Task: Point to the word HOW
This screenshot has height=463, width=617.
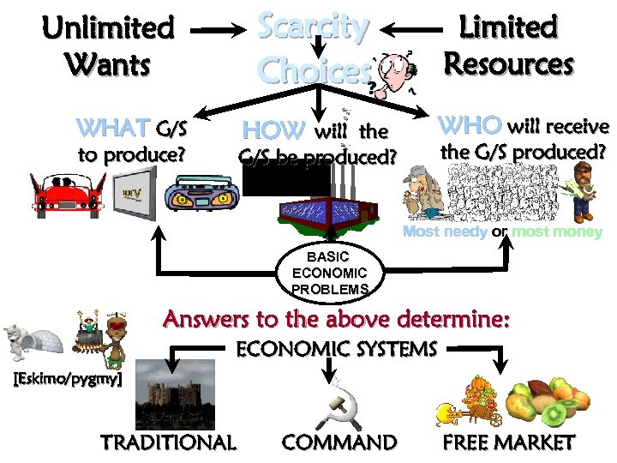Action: tap(273, 130)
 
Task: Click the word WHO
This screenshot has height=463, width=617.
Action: tap(470, 125)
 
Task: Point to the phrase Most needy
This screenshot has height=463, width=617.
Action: tap(445, 232)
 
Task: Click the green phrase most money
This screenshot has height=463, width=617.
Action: tap(557, 232)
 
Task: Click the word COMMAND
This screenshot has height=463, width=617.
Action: tap(339, 442)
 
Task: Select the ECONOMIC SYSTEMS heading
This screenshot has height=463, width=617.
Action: tap(336, 349)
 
